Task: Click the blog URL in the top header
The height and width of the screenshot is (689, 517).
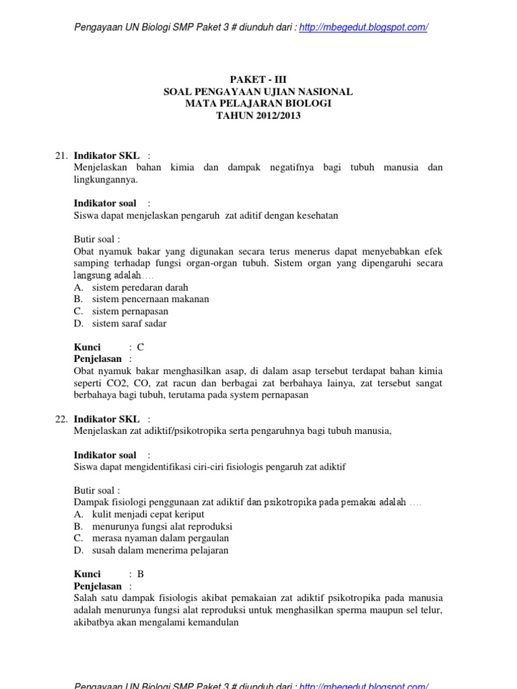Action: [x=364, y=27]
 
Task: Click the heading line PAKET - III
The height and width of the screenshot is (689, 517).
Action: [x=258, y=79]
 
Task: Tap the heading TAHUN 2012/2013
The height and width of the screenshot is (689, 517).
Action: [x=258, y=116]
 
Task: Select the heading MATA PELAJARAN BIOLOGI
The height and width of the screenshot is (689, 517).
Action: [x=258, y=104]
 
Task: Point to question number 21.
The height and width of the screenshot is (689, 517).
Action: [x=61, y=155]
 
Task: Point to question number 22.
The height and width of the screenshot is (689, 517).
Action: [x=61, y=419]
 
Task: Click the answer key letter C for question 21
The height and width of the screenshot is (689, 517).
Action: [x=141, y=347]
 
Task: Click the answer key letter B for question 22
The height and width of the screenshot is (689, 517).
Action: [x=141, y=574]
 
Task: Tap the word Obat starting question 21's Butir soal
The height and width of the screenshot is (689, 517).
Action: [x=83, y=251]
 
